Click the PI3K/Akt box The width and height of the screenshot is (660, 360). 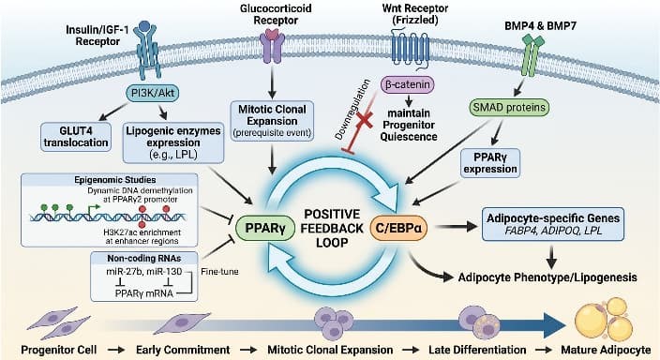click(153, 94)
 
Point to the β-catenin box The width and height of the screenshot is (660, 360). click(409, 83)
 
